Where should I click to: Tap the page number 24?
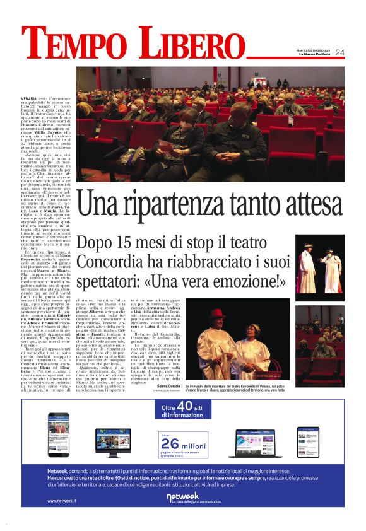(x=339, y=52)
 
